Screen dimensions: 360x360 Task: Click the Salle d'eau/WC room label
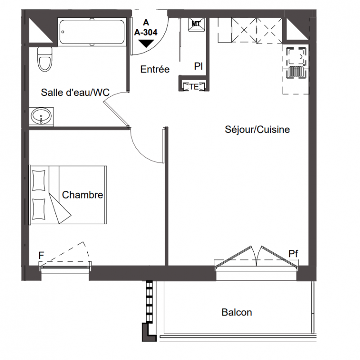(75, 93)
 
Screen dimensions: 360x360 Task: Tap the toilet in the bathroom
(45, 59)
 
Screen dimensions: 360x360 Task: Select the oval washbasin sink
(41, 116)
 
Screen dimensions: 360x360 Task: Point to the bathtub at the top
(92, 31)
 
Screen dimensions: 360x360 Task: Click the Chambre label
(82, 195)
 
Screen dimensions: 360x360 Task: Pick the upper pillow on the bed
(39, 180)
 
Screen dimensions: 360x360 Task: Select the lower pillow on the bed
(39, 209)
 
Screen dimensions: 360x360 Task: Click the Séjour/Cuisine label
(257, 130)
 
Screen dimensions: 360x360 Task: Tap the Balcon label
(237, 312)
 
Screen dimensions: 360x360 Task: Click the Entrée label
(155, 69)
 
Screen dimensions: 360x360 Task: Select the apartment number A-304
(146, 32)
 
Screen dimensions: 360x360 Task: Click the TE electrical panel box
(194, 86)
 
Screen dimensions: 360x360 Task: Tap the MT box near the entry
(196, 24)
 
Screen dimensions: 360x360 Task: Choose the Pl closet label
(198, 66)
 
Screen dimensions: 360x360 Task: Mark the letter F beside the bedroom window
(41, 255)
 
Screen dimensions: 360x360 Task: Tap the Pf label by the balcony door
(293, 254)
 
